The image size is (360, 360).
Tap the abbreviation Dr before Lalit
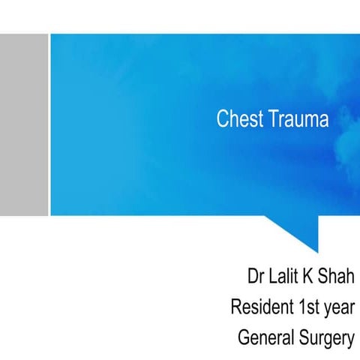pos(256,277)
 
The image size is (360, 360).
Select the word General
pos(264,338)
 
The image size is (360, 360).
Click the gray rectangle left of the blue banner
pos(23,124)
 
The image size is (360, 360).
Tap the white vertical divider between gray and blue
pos(49,124)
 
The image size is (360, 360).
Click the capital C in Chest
pos(222,119)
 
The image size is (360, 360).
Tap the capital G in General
pos(243,338)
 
